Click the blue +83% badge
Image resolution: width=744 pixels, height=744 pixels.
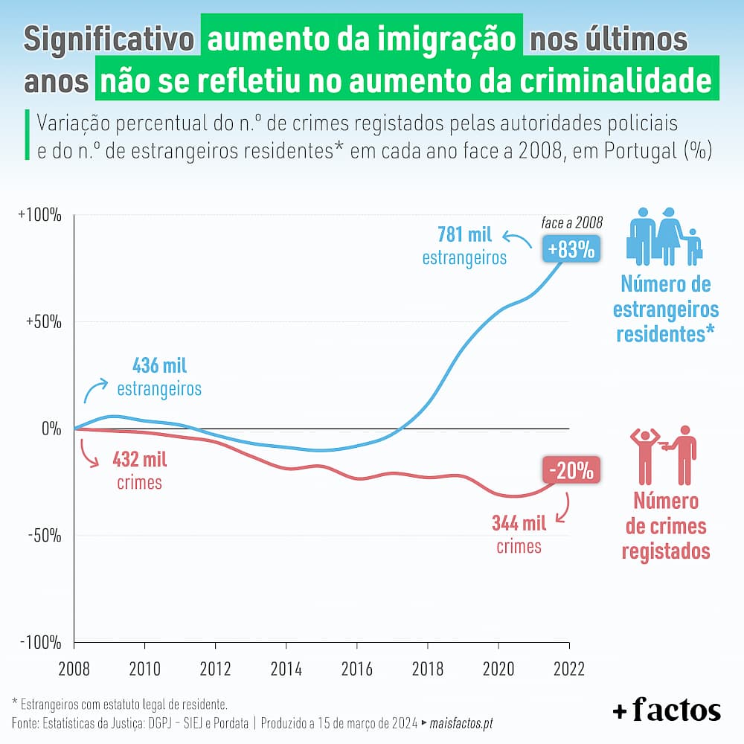[x=571, y=250]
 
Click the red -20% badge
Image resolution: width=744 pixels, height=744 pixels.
[x=571, y=471]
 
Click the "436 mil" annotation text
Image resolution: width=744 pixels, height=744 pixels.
[x=159, y=366]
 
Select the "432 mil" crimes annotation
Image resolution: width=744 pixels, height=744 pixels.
[x=139, y=458]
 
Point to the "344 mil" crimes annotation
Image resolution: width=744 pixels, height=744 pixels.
[x=519, y=524]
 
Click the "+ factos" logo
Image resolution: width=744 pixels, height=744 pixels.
[x=667, y=711]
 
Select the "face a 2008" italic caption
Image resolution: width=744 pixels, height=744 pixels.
[x=571, y=222]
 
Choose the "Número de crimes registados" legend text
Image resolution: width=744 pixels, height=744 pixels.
[x=665, y=526]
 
